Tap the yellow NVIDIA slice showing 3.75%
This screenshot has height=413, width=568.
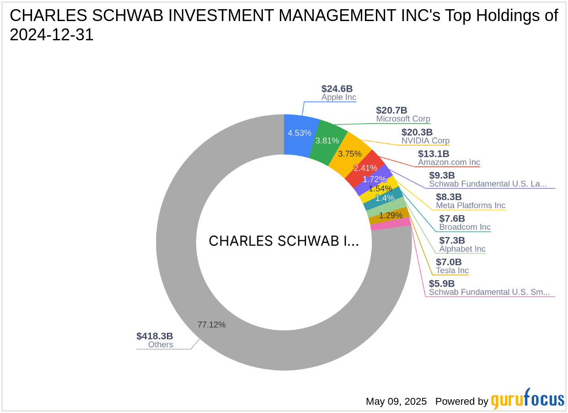point(350,153)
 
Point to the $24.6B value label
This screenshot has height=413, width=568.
point(337,89)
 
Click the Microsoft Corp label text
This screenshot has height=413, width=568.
point(403,119)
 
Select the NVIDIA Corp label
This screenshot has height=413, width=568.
point(425,141)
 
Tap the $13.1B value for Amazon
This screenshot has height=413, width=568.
point(433,154)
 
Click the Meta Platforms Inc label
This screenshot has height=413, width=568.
point(471,205)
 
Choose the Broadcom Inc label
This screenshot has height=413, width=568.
point(465,227)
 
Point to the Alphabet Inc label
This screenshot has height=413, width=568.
point(462,249)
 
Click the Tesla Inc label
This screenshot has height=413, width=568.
point(452,270)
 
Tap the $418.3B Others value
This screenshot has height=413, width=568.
point(155,336)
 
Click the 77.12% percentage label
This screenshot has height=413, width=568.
point(211,325)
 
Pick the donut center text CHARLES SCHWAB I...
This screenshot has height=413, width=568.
point(284,241)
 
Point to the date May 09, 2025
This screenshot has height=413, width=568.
point(396,402)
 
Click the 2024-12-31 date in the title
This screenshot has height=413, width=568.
point(52,35)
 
